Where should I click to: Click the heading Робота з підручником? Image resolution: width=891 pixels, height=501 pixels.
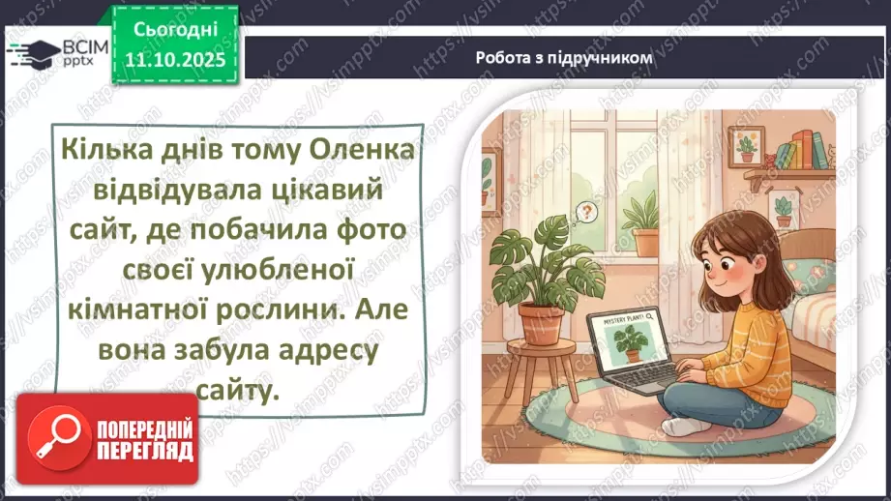click(x=564, y=57)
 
